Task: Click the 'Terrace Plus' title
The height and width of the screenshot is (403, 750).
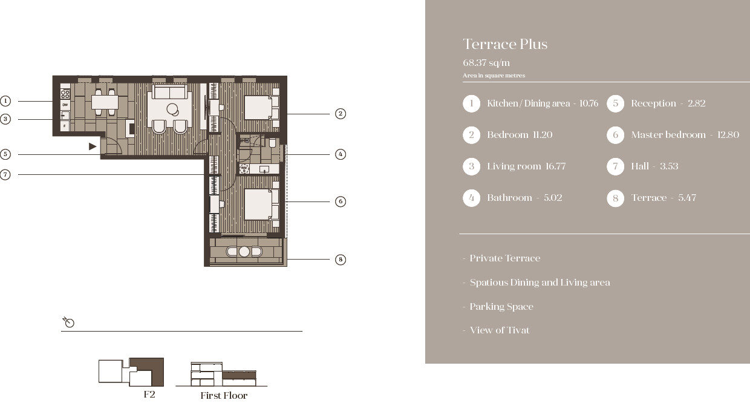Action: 505,44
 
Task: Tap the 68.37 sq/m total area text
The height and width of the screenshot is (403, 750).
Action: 486,63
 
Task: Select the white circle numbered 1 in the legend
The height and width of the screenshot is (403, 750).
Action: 471,103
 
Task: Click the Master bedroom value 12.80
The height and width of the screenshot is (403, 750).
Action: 728,135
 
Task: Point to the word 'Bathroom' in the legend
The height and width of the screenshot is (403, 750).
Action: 509,198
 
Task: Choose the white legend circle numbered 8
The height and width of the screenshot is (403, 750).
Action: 615,198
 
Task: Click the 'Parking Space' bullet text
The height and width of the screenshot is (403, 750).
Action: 501,307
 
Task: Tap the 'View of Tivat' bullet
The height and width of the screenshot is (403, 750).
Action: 500,330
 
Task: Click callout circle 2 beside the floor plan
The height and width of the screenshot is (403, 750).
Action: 341,114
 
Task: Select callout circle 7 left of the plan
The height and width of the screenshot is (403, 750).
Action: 5,174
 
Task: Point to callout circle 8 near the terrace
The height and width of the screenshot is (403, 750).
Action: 341,259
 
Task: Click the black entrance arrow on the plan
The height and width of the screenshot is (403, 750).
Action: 93,146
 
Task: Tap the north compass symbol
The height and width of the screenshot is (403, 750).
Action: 68,322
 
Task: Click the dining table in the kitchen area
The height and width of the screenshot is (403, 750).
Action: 105,102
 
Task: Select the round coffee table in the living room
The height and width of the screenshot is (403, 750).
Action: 173,109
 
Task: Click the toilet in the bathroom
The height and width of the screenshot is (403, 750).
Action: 272,143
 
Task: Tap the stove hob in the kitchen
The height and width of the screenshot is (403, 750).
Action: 65,93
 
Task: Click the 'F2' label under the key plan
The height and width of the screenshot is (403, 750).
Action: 149,395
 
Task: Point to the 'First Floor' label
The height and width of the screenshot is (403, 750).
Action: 224,396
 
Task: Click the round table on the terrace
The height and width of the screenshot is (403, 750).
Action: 244,252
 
